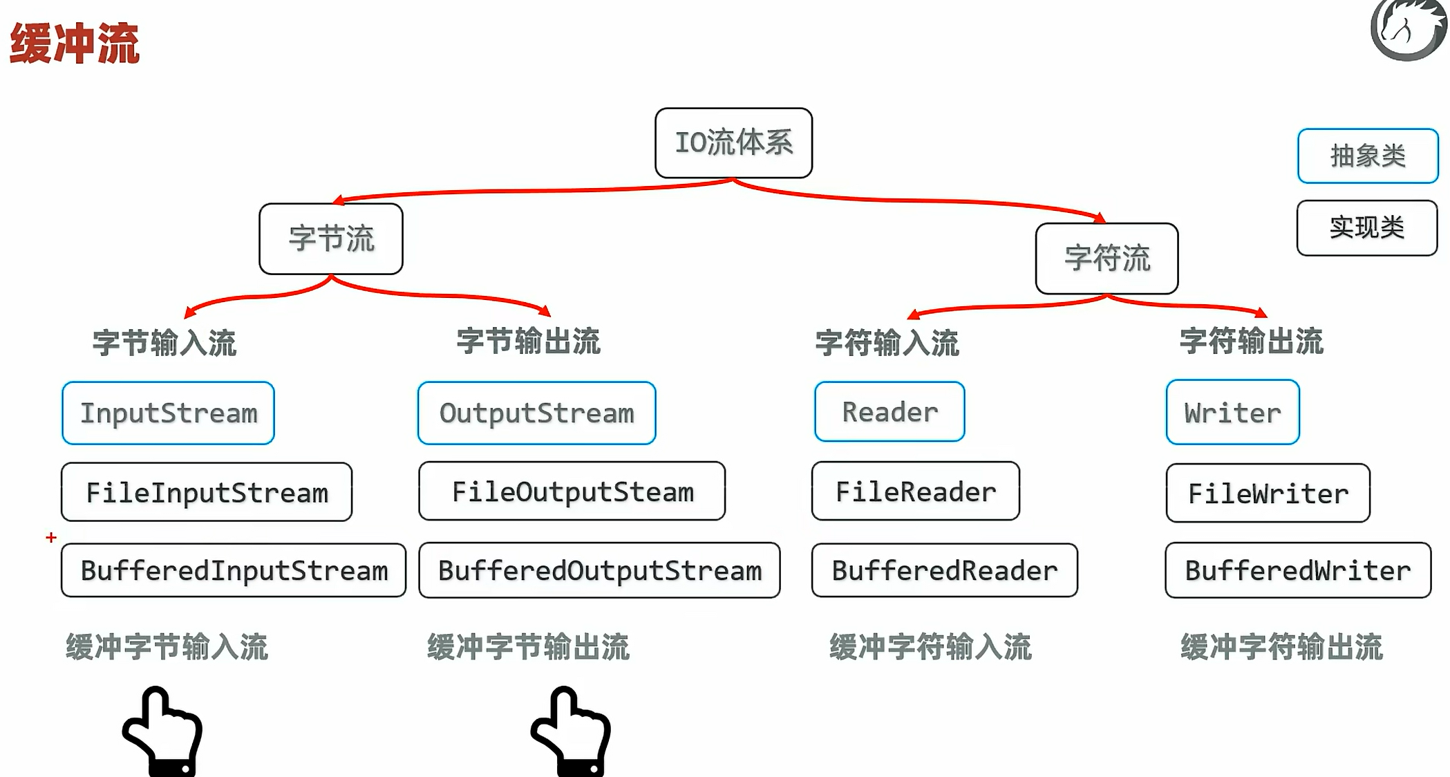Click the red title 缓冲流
(x=75, y=43)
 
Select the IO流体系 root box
(x=733, y=143)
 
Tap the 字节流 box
(x=331, y=239)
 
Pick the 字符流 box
(x=1107, y=259)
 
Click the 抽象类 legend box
(x=1367, y=156)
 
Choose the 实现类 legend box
(x=1366, y=228)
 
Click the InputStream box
(x=168, y=413)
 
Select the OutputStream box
(x=536, y=413)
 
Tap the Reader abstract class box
(x=889, y=412)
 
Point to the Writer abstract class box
(x=1232, y=413)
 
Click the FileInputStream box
(x=207, y=492)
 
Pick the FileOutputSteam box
(x=572, y=492)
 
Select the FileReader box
(x=915, y=492)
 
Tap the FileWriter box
(x=1268, y=493)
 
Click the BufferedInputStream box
(x=234, y=570)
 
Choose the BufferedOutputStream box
(x=599, y=570)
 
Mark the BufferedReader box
(x=944, y=570)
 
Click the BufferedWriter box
(x=1297, y=570)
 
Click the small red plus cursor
(x=51, y=537)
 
